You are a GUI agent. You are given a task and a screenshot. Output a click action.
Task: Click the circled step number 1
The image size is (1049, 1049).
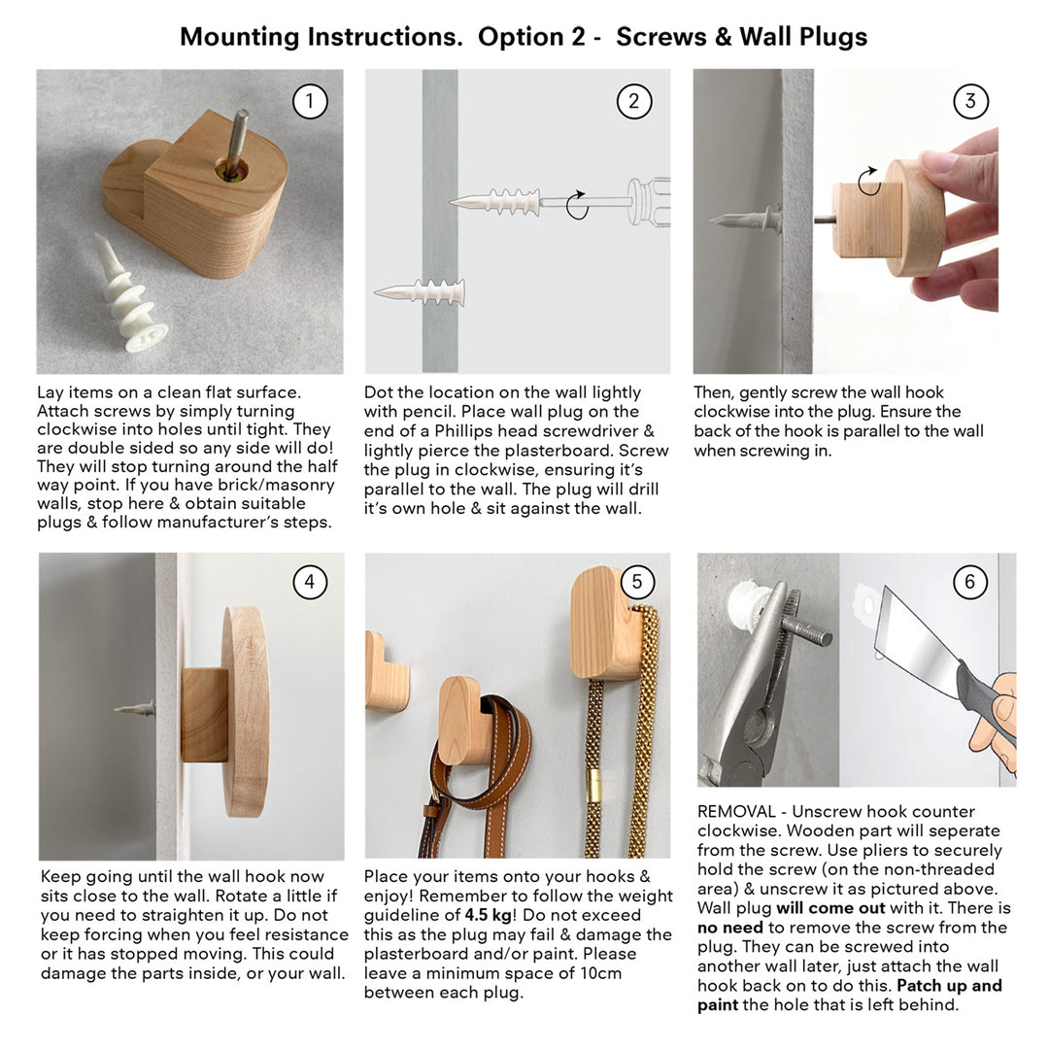[310, 101]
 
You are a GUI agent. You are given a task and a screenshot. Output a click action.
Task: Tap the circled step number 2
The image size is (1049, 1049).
[634, 101]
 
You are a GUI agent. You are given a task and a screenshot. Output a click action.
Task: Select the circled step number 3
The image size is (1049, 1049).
[969, 101]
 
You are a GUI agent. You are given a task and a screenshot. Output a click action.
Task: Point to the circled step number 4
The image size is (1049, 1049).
[310, 582]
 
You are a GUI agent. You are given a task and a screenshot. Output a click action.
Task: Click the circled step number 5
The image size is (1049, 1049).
[636, 582]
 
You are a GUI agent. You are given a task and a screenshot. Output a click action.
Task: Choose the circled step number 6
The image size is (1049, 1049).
[969, 582]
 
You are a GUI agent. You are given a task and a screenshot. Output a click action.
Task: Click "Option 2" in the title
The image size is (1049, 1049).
[532, 37]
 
